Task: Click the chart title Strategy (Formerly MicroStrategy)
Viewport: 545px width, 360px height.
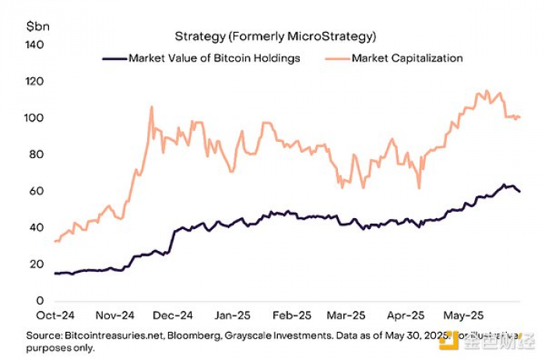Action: (x=275, y=36)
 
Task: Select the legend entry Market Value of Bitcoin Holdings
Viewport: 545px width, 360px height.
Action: (x=214, y=58)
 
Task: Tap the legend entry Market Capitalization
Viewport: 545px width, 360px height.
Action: (x=407, y=58)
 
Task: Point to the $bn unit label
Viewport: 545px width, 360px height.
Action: (x=37, y=26)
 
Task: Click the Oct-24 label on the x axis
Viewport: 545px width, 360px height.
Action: (x=55, y=316)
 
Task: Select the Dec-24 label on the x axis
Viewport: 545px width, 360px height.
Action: (x=173, y=316)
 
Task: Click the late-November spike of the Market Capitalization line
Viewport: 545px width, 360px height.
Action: (x=151, y=107)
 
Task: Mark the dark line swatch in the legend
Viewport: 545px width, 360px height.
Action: (x=114, y=58)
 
